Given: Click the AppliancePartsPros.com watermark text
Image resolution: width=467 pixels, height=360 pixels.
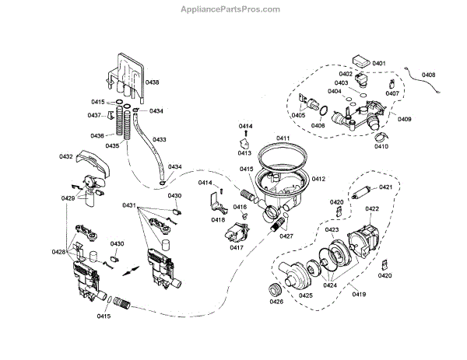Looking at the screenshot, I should [x=233, y=9].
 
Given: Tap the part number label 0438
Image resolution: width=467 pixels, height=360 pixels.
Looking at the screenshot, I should [x=153, y=82].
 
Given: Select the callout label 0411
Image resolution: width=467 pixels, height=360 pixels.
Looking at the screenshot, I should [x=283, y=138].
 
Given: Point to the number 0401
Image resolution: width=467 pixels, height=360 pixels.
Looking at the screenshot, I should [x=379, y=63].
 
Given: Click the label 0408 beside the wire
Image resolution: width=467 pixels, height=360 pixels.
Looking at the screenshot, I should [x=429, y=75].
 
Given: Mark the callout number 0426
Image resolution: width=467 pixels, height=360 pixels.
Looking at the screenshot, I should [x=276, y=302].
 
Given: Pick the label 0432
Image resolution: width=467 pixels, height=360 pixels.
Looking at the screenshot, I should [x=65, y=157].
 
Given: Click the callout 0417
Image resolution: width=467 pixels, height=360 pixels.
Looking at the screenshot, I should [x=237, y=248].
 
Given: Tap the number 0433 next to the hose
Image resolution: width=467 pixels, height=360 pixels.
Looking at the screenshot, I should [x=159, y=140].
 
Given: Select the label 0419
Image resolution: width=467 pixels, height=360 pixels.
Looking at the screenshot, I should [x=358, y=293].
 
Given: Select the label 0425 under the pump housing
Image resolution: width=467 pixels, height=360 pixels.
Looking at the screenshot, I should [x=305, y=295].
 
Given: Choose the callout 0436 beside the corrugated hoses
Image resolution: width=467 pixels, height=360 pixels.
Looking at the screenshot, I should [x=97, y=135].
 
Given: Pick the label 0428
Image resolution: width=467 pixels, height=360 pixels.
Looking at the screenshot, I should [x=58, y=252].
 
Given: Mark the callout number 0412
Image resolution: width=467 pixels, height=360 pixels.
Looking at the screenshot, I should [x=318, y=179].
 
